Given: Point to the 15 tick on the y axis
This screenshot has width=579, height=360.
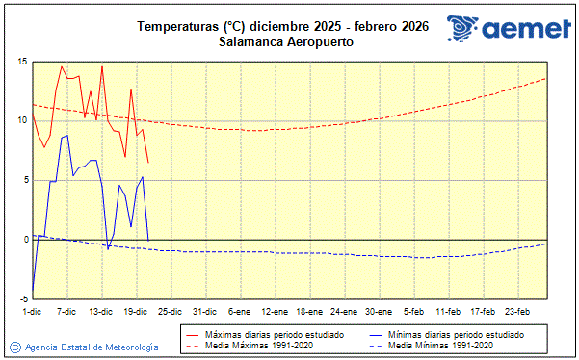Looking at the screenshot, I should click(21, 62).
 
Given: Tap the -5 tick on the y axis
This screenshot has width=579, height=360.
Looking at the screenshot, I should click(21, 298).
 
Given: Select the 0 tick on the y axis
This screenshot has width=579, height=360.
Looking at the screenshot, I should click(24, 239).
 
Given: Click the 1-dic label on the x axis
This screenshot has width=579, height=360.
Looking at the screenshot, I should click(32, 312).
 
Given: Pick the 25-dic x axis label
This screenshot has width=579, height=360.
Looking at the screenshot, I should click(170, 312).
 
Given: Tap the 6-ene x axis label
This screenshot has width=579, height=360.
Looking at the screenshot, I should click(239, 312).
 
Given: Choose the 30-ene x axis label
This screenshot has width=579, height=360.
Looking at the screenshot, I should click(379, 312).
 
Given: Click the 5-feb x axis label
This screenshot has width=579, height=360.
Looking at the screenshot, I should click(414, 312).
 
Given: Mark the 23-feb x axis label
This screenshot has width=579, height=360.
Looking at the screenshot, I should click(518, 312).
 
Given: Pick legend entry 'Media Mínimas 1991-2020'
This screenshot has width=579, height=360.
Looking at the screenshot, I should click(441, 345).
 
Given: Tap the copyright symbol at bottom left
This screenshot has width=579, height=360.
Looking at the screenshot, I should click(14, 347).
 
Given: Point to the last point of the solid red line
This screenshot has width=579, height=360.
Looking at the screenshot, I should click(147, 162).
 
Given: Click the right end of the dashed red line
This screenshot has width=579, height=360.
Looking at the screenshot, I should click(546, 78).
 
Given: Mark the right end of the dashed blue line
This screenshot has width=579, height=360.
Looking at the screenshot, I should click(546, 244).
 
